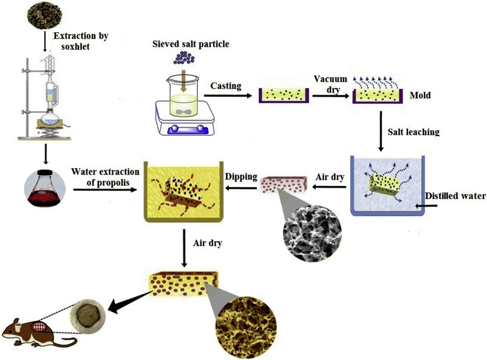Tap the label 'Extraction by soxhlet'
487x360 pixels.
[x=81, y=41]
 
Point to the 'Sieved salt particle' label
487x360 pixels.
[x=190, y=44]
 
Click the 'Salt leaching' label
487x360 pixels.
[x=413, y=132]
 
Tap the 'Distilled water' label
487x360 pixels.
[x=455, y=196]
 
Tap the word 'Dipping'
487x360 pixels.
[x=241, y=177]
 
